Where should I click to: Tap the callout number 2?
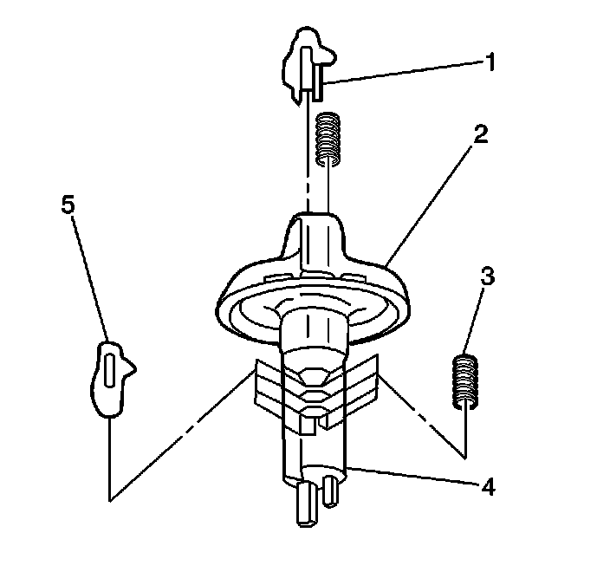(x=481, y=134)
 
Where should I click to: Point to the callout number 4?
(x=488, y=486)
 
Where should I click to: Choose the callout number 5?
(x=68, y=205)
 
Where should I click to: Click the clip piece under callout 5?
(x=109, y=378)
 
